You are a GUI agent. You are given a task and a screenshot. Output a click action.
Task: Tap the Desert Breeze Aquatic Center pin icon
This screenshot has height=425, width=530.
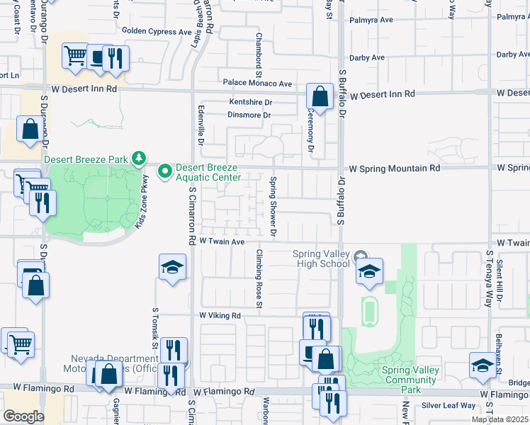coord(165,171)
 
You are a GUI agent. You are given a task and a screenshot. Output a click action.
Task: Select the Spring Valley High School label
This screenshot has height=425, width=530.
coord(322,259)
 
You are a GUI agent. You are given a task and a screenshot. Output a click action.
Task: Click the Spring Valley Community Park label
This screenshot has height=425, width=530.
coord(410,380)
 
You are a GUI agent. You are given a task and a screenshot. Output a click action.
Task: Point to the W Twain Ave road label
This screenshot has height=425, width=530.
coord(222,242)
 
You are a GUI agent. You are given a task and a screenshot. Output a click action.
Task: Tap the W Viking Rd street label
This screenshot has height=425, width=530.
coord(220,315)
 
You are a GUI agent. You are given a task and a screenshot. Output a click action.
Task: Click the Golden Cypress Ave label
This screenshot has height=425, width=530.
coord(157,31)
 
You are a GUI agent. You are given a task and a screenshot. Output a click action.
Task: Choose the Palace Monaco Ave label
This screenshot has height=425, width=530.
coord(257,84)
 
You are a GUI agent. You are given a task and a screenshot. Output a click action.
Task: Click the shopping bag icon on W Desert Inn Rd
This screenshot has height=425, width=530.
coord(320,96)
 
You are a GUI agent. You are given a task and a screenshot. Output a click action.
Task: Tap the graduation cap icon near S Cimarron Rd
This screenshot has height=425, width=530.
coord(172,267)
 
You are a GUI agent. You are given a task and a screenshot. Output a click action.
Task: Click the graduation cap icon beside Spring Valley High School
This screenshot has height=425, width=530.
coord(369,271)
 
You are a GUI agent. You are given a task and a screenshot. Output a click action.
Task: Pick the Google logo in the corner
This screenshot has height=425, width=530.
coord(23,416)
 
